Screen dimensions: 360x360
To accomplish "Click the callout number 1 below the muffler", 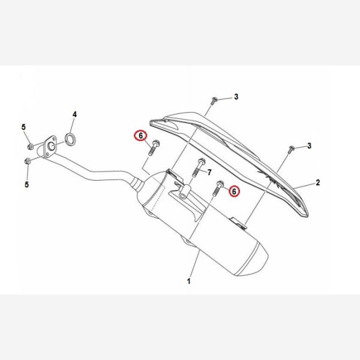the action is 189,281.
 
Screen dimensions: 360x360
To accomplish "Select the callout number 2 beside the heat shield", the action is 318,182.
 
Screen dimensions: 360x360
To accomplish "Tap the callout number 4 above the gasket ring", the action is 74,115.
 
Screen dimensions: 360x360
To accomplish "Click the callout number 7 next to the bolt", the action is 209,172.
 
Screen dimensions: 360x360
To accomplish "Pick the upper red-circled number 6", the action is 141,136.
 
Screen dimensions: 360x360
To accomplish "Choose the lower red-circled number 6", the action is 234,191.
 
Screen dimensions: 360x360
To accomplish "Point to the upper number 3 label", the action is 236,97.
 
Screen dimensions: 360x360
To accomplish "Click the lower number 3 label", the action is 309,146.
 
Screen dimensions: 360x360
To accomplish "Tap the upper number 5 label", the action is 23,127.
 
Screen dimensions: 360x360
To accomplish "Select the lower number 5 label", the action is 27,184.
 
